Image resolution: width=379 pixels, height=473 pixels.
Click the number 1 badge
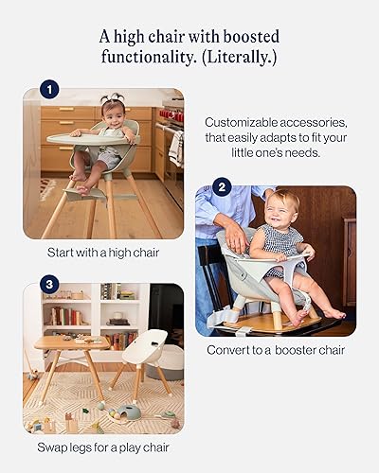pyautogui.click(x=50, y=91)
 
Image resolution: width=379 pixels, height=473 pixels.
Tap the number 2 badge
pyautogui.click(x=223, y=186)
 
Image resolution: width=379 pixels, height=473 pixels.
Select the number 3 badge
pyautogui.click(x=50, y=283)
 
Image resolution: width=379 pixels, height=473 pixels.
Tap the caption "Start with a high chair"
pyautogui.click(x=103, y=253)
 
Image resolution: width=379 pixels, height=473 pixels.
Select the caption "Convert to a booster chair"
pyautogui.click(x=275, y=350)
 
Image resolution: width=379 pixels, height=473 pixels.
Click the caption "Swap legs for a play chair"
pyautogui.click(x=103, y=447)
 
